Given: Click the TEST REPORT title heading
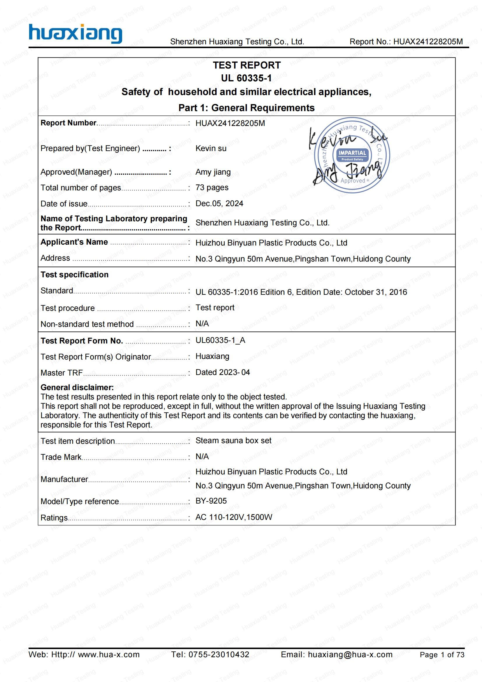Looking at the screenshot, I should pyautogui.click(x=247, y=65).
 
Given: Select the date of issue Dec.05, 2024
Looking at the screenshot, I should pyautogui.click(x=219, y=204).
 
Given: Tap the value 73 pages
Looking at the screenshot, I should pyautogui.click(x=212, y=187).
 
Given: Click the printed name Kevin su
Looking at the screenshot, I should pyautogui.click(x=211, y=148).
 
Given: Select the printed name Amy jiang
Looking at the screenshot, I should pyautogui.click(x=213, y=172).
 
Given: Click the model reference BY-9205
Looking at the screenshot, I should pyautogui.click(x=211, y=501).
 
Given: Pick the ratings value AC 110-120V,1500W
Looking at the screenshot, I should pyautogui.click(x=234, y=517).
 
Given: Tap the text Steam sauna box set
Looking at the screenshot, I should pyautogui.click(x=233, y=441).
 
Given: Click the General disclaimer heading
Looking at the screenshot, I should pyautogui.click(x=77, y=387).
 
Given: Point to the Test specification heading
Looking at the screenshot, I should pyautogui.click(x=75, y=274).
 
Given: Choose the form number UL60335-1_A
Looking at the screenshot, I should pyautogui.click(x=220, y=340).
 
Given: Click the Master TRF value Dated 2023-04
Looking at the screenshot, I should pyautogui.click(x=223, y=372).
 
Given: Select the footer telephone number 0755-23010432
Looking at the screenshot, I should pyautogui.click(x=219, y=654).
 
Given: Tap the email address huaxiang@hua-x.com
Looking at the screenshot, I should pyautogui.click(x=350, y=654).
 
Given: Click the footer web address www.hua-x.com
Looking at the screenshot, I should pyautogui.click(x=109, y=654).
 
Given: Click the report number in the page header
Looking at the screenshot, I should pyautogui.click(x=428, y=42).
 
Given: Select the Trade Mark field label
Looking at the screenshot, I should pyautogui.click(x=61, y=457).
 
